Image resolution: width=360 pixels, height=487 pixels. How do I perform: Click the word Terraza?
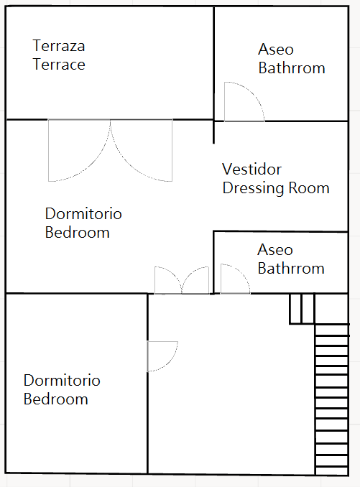tap(59, 46)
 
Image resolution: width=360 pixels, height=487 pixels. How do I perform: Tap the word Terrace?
tap(59, 65)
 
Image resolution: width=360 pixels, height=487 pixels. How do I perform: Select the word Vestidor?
tap(252, 170)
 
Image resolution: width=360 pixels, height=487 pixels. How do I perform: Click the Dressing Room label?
tap(276, 188)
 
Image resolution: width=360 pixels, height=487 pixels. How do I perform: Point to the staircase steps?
tap(331, 399)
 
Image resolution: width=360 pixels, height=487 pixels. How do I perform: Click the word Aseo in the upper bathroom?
tap(276, 50)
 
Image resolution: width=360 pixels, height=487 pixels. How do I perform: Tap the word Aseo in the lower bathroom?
tap(275, 250)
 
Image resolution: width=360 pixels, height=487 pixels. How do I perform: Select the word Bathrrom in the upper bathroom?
tap(292, 68)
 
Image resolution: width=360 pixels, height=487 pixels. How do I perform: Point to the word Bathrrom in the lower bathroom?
tap(291, 269)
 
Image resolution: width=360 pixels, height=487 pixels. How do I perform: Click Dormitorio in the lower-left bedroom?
tap(62, 381)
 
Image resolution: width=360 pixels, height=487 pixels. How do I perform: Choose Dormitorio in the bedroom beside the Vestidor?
tap(83, 213)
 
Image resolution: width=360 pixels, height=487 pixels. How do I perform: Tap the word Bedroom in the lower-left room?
tap(55, 399)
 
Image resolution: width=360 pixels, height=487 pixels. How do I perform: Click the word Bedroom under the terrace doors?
tap(78, 233)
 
